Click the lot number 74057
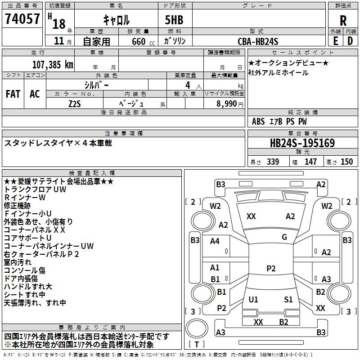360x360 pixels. point(22,19)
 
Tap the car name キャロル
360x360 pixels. point(117,20)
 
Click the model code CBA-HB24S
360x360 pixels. point(258,41)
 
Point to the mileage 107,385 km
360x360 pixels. point(53,64)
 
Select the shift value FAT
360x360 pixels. point(13,94)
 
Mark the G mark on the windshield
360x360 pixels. point(284,237)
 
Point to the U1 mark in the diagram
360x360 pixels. point(253,299)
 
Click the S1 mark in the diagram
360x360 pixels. point(288,299)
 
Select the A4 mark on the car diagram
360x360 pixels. point(215,241)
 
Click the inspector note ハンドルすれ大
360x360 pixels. point(28,286)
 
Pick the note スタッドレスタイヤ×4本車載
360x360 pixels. point(58,143)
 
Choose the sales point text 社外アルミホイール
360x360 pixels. point(278,72)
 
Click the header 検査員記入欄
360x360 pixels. point(92,173)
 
